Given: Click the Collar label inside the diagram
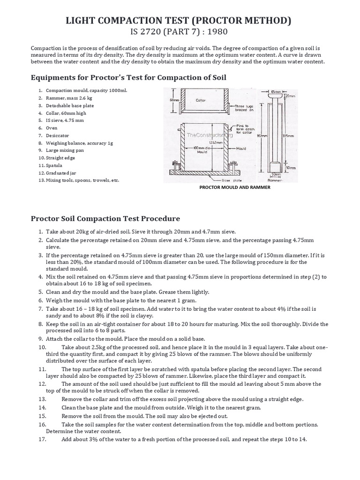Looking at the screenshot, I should (x=201, y=100).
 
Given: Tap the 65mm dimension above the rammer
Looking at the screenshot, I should (x=276, y=92).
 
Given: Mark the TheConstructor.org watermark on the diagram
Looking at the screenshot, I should (x=210, y=135).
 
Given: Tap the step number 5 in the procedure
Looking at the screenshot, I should (x=41, y=292).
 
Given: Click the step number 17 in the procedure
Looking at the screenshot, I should (x=42, y=439).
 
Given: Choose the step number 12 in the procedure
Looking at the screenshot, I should (x=42, y=383).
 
